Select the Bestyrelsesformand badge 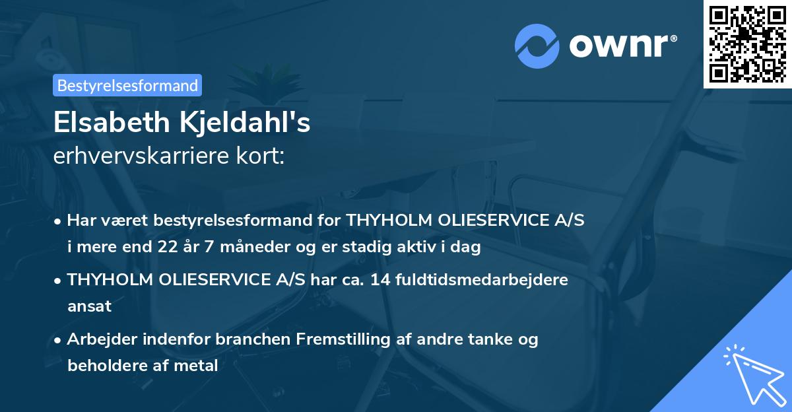point(127,85)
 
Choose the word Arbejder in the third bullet point(98,339)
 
